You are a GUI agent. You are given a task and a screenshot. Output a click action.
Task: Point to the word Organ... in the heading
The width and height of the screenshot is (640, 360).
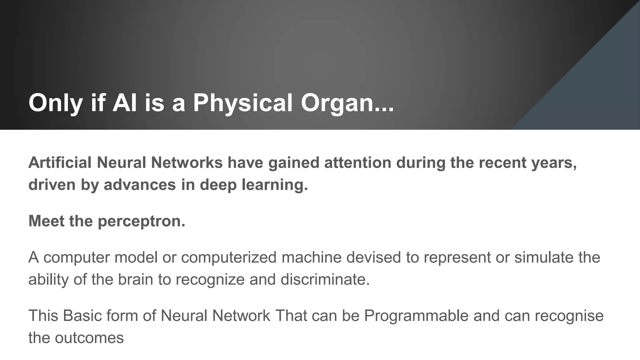coord(347,103)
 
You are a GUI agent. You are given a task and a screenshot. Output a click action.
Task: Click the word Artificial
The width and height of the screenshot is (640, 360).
coord(60,163)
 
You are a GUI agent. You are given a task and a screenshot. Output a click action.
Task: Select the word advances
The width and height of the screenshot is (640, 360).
coord(140,185)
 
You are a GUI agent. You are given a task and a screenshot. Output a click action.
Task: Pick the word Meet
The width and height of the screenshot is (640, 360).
coord(46,221)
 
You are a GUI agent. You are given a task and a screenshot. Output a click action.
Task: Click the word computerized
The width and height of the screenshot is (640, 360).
coord(229,258)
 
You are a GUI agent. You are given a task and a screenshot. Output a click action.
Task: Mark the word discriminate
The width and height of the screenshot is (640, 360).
coord(325,279)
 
